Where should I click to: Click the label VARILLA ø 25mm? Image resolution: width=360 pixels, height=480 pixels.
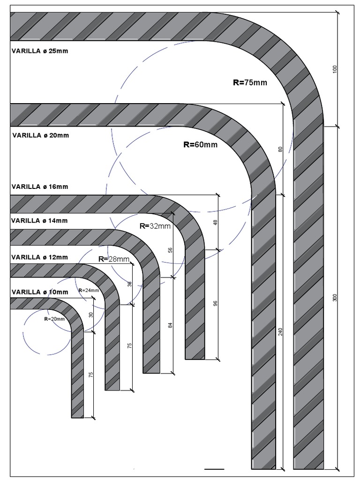[x=40, y=51]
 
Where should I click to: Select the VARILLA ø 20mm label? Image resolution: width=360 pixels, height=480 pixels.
[x=40, y=135]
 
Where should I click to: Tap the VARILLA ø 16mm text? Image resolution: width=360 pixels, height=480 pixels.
[x=40, y=187]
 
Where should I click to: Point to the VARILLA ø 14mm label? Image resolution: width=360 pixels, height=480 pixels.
[x=40, y=221]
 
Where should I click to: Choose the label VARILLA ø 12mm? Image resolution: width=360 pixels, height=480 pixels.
[x=40, y=257]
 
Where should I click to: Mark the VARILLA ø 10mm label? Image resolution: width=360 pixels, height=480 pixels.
[x=40, y=292]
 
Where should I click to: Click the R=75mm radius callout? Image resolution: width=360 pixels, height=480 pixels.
[x=250, y=82]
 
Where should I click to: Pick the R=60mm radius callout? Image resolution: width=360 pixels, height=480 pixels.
[x=200, y=145]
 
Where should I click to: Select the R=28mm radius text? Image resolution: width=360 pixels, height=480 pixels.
[x=114, y=259]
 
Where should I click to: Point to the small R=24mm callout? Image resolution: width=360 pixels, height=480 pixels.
[x=89, y=290]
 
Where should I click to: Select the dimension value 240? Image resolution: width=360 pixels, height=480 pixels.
[x=280, y=331]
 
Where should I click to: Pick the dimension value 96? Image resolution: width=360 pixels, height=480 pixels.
[x=216, y=303]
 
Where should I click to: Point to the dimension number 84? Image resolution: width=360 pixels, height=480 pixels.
[x=171, y=324]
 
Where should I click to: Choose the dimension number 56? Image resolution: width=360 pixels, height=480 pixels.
[x=171, y=250]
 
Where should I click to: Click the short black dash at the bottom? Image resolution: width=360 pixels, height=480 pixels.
[x=215, y=468]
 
